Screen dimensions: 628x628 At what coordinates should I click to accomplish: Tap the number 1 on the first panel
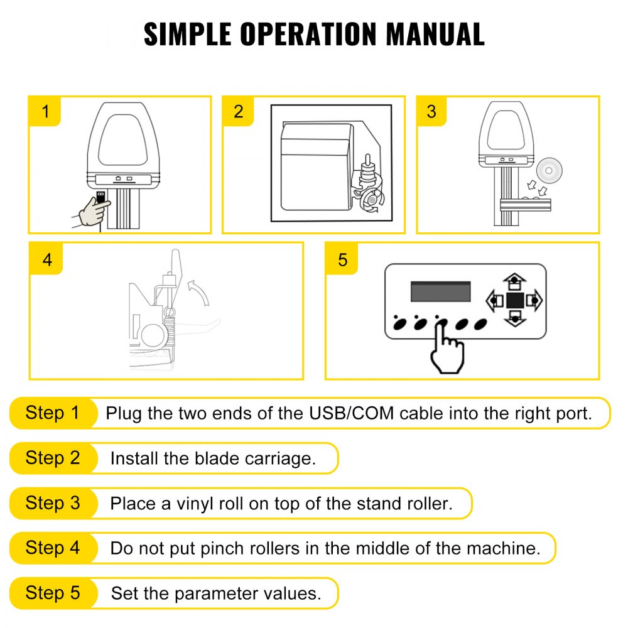[x=45, y=112]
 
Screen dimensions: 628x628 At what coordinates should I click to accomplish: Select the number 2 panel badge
[x=238, y=112]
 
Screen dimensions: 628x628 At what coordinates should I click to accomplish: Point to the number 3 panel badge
[x=431, y=112]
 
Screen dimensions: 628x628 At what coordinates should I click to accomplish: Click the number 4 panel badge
[x=47, y=259]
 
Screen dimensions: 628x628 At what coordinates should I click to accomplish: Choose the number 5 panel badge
[x=342, y=259]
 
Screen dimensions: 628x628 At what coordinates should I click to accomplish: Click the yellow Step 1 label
[x=53, y=413]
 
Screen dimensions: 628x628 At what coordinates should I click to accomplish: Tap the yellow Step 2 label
[x=53, y=458]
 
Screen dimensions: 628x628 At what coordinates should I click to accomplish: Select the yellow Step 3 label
[x=53, y=503]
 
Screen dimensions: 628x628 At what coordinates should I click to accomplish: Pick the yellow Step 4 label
[x=53, y=548]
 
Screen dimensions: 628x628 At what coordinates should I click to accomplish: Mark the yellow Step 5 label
[x=53, y=593]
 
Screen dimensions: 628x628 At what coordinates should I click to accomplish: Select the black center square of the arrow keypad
[x=515, y=301]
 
